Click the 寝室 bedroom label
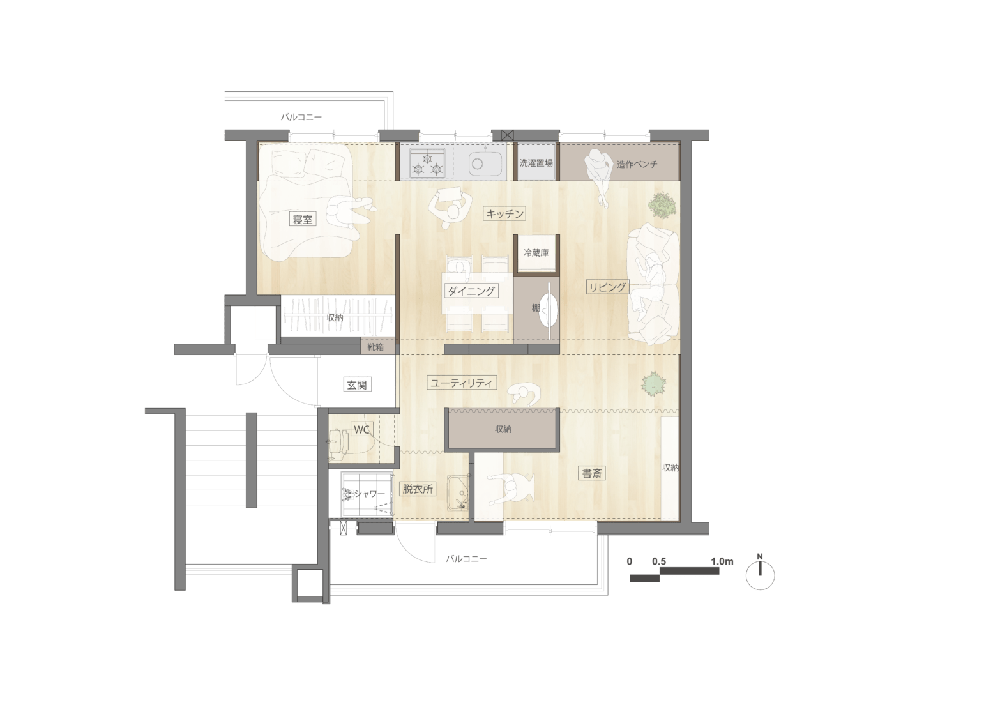(x=303, y=219)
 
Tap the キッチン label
(x=504, y=214)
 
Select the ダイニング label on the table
(x=471, y=291)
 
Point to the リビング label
(x=607, y=287)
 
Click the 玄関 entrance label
(x=357, y=384)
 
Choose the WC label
(x=361, y=430)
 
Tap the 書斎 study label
(x=592, y=473)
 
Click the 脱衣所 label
(x=418, y=489)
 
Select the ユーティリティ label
(x=462, y=383)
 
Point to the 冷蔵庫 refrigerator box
(x=536, y=254)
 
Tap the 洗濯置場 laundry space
(x=536, y=162)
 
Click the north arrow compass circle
(x=761, y=575)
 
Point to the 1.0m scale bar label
(x=722, y=561)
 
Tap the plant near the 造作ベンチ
(x=662, y=205)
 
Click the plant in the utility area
(x=654, y=384)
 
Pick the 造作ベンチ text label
(x=637, y=164)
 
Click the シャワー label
(x=370, y=494)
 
